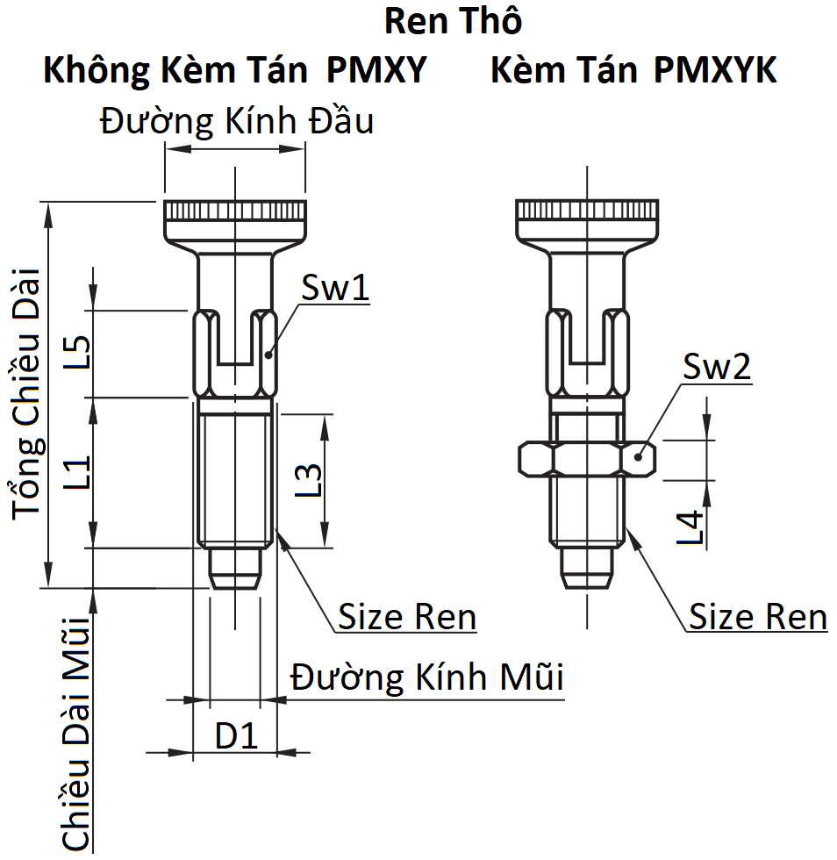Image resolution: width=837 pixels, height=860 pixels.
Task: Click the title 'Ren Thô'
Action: pyautogui.click(x=454, y=21)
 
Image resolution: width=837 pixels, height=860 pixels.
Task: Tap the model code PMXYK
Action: pyautogui.click(x=715, y=70)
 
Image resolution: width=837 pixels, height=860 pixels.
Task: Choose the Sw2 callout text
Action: pyautogui.click(x=718, y=369)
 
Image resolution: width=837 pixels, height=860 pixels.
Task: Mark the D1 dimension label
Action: pyautogui.click(x=237, y=735)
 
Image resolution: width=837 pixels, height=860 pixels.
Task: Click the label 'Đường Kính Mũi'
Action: pyautogui.click(x=427, y=677)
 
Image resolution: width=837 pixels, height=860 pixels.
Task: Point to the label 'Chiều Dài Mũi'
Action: pyautogui.click(x=78, y=734)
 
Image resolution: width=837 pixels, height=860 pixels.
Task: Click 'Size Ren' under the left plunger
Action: pyautogui.click(x=407, y=617)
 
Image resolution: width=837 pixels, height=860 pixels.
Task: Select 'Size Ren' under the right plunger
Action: pyautogui.click(x=757, y=617)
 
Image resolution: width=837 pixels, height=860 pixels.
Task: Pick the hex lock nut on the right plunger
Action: pyautogui.click(x=587, y=458)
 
